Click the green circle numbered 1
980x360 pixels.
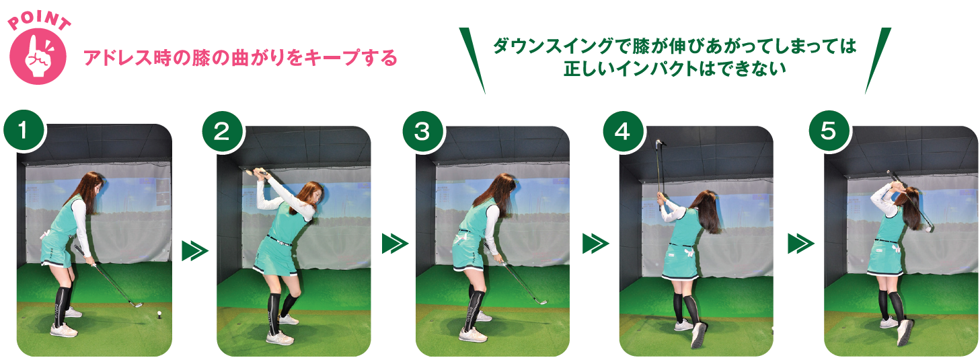coord(24,131)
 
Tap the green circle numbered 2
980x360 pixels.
coord(222,131)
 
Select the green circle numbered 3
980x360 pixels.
coord(422,131)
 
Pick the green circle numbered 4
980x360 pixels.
coord(623,131)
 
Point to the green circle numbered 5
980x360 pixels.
coord(829,131)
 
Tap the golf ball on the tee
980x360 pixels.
coord(160,312)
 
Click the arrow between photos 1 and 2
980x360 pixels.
coord(194,250)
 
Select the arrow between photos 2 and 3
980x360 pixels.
coord(395,244)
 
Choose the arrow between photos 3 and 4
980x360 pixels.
coord(595,244)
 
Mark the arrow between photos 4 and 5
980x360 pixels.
coord(800,244)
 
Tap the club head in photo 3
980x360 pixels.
coord(541,301)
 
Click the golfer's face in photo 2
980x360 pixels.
coord(318,196)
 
